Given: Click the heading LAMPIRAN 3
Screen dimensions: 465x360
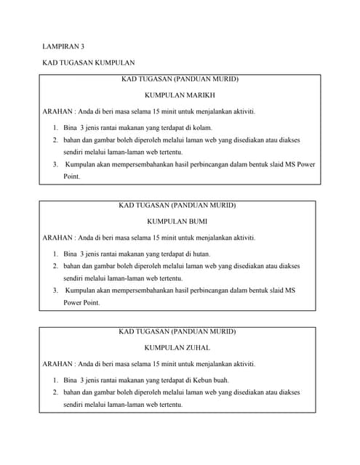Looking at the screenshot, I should [x=64, y=46].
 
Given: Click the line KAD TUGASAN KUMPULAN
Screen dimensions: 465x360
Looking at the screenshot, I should [x=89, y=64].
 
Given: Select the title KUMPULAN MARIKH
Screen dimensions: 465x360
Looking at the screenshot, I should [x=179, y=95].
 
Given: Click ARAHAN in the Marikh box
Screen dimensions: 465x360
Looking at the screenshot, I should [x=57, y=111].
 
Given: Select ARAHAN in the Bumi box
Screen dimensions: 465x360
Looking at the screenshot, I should [x=57, y=238].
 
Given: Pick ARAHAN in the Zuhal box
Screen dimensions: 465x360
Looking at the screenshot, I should [x=57, y=364].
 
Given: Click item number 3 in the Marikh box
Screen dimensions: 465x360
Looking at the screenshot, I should [x=55, y=164].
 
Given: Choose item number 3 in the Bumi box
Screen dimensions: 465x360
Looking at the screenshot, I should [x=55, y=291].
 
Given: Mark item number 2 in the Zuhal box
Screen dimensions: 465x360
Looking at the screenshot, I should [x=55, y=392].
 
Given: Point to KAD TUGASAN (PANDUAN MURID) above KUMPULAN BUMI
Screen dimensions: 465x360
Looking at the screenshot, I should [x=177, y=206].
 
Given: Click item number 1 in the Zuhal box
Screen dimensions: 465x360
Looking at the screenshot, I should [x=55, y=380].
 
